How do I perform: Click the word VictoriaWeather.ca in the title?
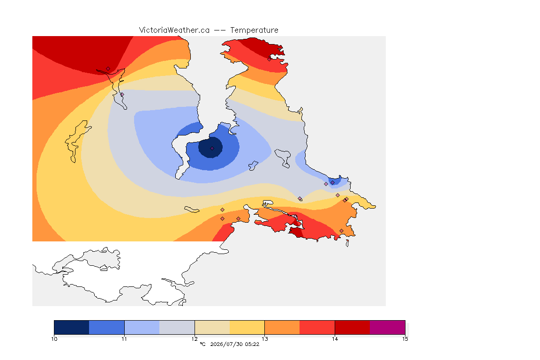coord(174,30)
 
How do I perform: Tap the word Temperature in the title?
coord(254,30)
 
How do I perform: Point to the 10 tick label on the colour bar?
coord(54,339)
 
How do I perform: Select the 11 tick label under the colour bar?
coord(124,339)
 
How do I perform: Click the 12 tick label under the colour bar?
coord(195,339)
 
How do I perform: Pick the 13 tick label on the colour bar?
coord(264,339)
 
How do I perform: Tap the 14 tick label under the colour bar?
coord(335,339)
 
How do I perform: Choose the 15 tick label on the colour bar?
coord(405,339)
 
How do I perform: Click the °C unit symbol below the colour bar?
coord(202,344)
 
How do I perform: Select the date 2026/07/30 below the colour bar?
coord(226,344)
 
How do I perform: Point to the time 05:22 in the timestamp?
coord(252,344)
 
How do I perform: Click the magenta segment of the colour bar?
coord(388,327)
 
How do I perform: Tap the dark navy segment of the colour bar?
coord(72,327)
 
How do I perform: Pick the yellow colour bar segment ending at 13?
coord(247,327)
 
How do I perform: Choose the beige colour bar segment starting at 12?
coord(212,327)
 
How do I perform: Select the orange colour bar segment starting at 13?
coord(282,327)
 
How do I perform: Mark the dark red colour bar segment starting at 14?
coord(352,327)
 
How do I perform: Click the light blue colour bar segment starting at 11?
coord(142,327)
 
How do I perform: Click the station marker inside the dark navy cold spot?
coord(212,149)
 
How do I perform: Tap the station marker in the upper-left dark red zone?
coord(108,69)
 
